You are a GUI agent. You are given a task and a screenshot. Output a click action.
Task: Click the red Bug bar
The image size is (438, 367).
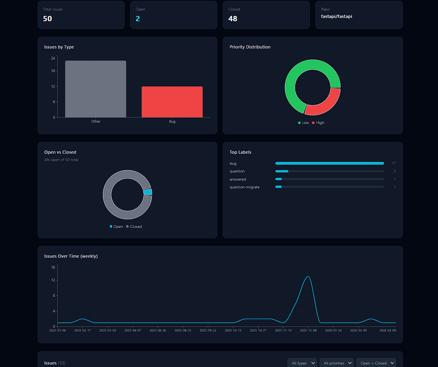tap(172, 102)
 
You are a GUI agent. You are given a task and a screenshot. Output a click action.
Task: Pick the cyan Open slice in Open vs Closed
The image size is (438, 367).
tap(148, 192)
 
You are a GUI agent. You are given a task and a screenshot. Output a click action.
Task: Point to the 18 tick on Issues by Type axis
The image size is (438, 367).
tap(53, 71)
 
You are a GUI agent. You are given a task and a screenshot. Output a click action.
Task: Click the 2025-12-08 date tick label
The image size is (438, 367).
tap(308, 330)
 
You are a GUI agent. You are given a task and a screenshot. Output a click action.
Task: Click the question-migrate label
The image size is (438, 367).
tap(244, 187)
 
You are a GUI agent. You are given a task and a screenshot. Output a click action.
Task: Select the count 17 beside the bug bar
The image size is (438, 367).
tap(393, 164)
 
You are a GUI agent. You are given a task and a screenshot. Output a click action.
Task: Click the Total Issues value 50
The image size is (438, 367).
tap(47, 19)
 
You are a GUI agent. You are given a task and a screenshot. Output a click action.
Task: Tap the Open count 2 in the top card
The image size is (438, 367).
tap(137, 19)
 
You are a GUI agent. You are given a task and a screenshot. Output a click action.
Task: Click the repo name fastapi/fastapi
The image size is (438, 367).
tap(336, 17)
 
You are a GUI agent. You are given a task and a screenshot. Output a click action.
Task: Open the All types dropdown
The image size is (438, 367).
tap(302, 363)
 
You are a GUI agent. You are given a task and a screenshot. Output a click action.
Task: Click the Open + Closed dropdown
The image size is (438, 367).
tap(376, 363)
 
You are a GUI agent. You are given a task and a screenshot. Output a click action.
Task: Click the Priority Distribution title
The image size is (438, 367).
tap(250, 47)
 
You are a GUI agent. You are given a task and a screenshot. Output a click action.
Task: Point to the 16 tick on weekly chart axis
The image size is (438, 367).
tap(53, 268)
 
